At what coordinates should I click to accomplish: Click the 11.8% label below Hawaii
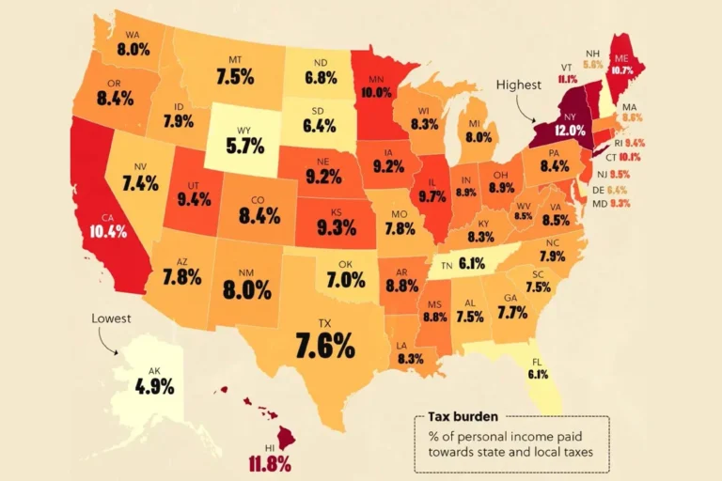click(x=271, y=463)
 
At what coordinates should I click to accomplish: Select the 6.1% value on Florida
click(x=538, y=374)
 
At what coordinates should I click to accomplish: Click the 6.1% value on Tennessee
click(x=471, y=264)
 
